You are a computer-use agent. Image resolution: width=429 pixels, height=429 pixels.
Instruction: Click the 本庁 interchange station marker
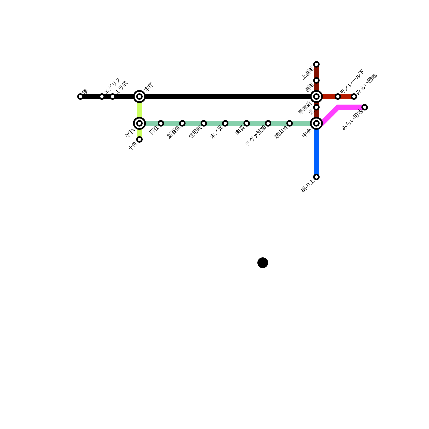pos(139,97)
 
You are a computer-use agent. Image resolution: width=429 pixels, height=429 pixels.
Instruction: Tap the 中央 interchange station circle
pos(316,123)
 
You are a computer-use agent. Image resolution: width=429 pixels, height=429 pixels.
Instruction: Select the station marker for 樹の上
pos(316,177)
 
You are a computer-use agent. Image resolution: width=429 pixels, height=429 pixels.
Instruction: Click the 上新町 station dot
pos(316,64)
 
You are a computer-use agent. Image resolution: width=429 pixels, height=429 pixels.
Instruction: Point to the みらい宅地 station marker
pos(365,107)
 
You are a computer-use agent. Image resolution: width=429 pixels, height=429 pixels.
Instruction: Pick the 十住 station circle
pos(139,139)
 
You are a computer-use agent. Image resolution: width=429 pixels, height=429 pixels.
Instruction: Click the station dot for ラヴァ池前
pos(268,123)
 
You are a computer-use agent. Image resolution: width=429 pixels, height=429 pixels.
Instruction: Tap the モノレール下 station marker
pos(338,97)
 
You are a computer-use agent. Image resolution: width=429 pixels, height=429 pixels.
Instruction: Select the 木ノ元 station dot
pos(225,123)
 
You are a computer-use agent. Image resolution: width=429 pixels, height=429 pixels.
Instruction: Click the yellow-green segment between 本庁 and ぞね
pos(139,110)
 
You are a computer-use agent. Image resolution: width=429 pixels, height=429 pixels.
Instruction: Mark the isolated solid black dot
pos(263,263)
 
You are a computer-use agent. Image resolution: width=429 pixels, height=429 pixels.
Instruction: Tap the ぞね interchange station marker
pos(139,123)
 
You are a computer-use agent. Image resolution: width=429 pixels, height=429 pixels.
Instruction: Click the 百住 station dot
pos(161,123)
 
